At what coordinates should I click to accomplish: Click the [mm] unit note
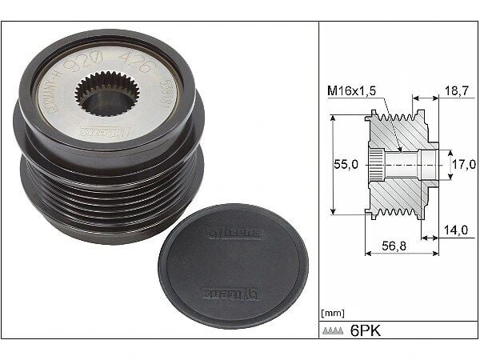tap(332, 313)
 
